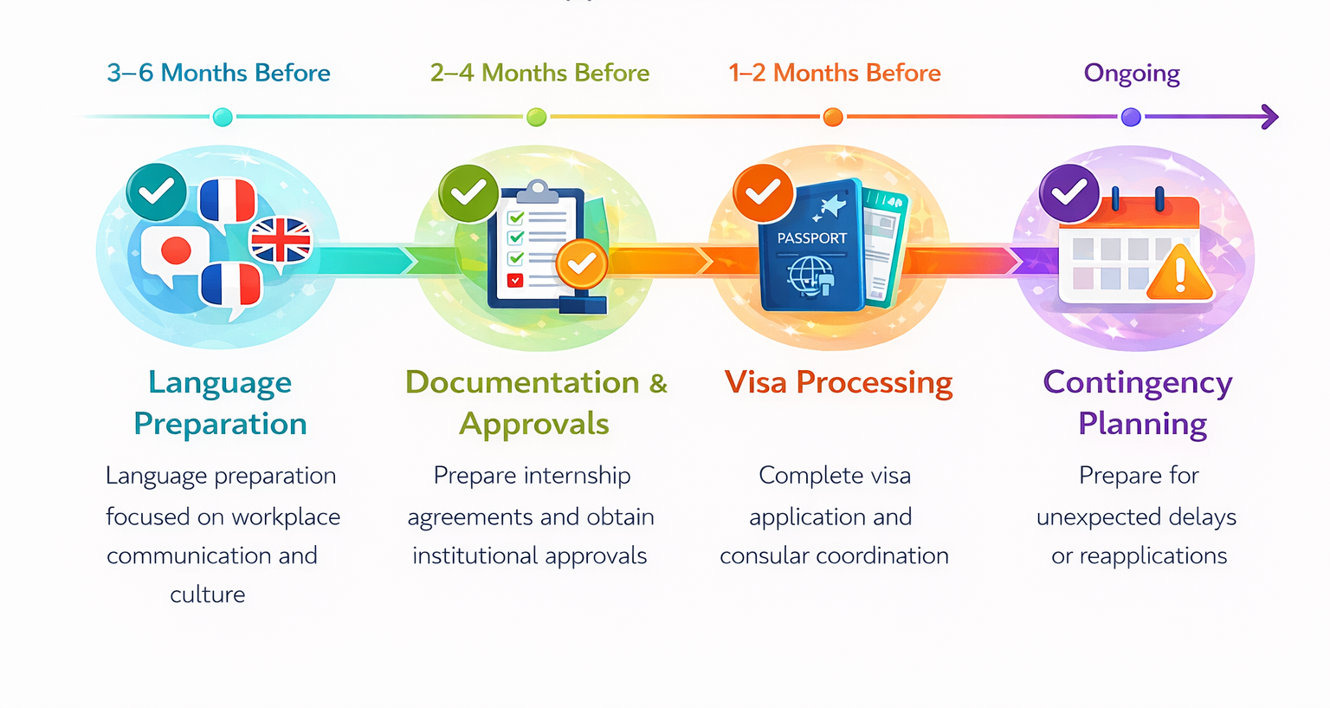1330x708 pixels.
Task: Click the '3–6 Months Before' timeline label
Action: (218, 73)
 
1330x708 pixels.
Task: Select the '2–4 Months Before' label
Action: (539, 73)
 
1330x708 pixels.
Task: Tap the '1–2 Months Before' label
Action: (834, 73)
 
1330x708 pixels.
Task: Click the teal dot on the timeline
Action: (223, 116)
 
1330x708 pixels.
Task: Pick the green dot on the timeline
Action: (536, 116)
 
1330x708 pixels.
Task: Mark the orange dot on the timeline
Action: (833, 116)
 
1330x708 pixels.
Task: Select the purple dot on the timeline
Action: (1131, 116)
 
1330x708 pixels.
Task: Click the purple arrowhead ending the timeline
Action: (1269, 116)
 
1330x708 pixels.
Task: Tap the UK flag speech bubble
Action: (281, 243)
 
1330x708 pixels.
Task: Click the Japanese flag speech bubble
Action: (174, 254)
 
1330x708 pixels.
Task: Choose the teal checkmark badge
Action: (156, 192)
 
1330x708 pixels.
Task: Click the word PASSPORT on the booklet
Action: (811, 238)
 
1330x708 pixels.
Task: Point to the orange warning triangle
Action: (1180, 273)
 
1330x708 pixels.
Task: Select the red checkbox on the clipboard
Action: (515, 280)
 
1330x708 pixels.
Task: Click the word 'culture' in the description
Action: (208, 594)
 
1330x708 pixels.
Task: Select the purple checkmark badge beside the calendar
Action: (1069, 193)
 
